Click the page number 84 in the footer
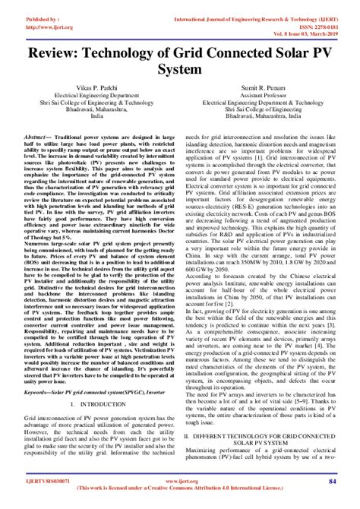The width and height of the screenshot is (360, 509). coord(332,481)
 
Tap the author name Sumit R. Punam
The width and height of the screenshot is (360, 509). coord(262,89)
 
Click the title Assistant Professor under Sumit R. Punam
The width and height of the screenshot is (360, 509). coord(262,96)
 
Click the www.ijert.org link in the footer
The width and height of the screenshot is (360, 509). coord(179,481)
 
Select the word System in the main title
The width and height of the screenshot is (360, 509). coord(179,69)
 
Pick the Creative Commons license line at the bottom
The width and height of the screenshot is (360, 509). coord(179,488)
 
